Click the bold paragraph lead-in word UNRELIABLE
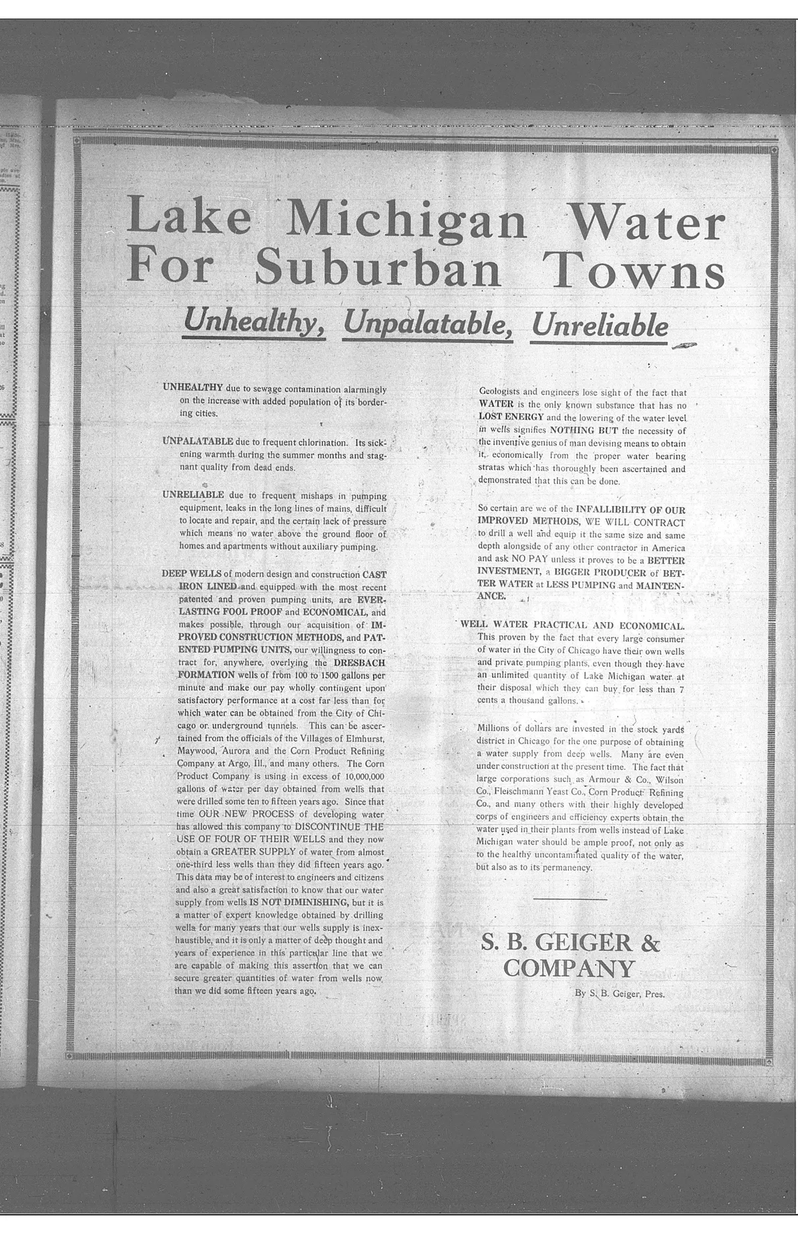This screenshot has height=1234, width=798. (193, 495)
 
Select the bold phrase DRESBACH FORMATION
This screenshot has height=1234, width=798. (359, 663)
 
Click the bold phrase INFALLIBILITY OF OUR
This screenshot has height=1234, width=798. (630, 510)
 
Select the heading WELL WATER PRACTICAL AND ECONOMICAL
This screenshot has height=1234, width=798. (572, 625)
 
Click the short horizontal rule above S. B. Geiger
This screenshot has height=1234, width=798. (570, 900)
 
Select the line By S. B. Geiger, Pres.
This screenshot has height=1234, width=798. (619, 994)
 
